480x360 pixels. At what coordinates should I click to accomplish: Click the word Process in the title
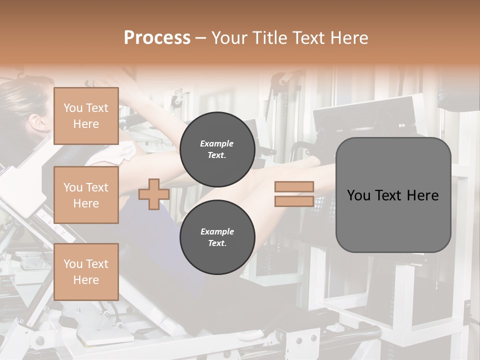tap(157, 38)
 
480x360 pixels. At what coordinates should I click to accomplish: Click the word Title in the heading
tap(268, 38)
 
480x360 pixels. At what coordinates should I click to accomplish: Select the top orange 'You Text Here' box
tap(86, 116)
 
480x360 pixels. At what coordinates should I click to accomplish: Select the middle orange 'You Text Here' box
tap(86, 195)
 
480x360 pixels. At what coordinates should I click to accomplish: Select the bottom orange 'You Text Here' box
tap(86, 272)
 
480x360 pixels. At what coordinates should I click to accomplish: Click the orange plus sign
tap(154, 194)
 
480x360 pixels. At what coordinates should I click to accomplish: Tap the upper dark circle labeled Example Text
tap(217, 149)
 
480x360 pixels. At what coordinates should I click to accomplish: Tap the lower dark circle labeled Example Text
tap(217, 237)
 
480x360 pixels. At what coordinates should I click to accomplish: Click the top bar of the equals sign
tap(294, 186)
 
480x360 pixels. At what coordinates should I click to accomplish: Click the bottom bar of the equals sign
tap(294, 201)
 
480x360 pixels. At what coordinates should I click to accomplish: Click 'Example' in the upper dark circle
tap(217, 143)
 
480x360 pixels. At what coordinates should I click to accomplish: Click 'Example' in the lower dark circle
tap(217, 231)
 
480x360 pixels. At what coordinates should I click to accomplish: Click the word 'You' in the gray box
tap(358, 195)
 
